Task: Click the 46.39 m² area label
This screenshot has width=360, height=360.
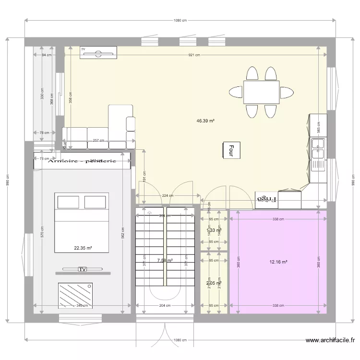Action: pos(205,121)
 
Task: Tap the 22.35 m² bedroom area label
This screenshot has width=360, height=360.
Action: pos(83,248)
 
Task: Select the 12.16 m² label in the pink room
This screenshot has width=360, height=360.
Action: pos(278,262)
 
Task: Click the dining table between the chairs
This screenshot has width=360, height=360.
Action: pos(262,92)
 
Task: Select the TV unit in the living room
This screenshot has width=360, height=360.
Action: pos(98,53)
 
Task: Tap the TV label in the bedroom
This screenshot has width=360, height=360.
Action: pos(83,269)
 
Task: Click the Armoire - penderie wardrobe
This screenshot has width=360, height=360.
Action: pos(83,162)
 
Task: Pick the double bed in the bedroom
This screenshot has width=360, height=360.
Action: pos(82,222)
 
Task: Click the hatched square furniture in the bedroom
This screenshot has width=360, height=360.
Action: pos(76,295)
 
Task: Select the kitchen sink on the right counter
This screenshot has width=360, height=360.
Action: pos(317,148)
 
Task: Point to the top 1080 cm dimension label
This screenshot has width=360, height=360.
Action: pos(180,20)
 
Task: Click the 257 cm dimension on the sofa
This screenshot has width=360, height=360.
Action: pos(99,141)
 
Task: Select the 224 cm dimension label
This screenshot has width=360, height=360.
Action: pos(168,195)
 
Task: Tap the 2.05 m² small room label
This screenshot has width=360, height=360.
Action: pos(213,283)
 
